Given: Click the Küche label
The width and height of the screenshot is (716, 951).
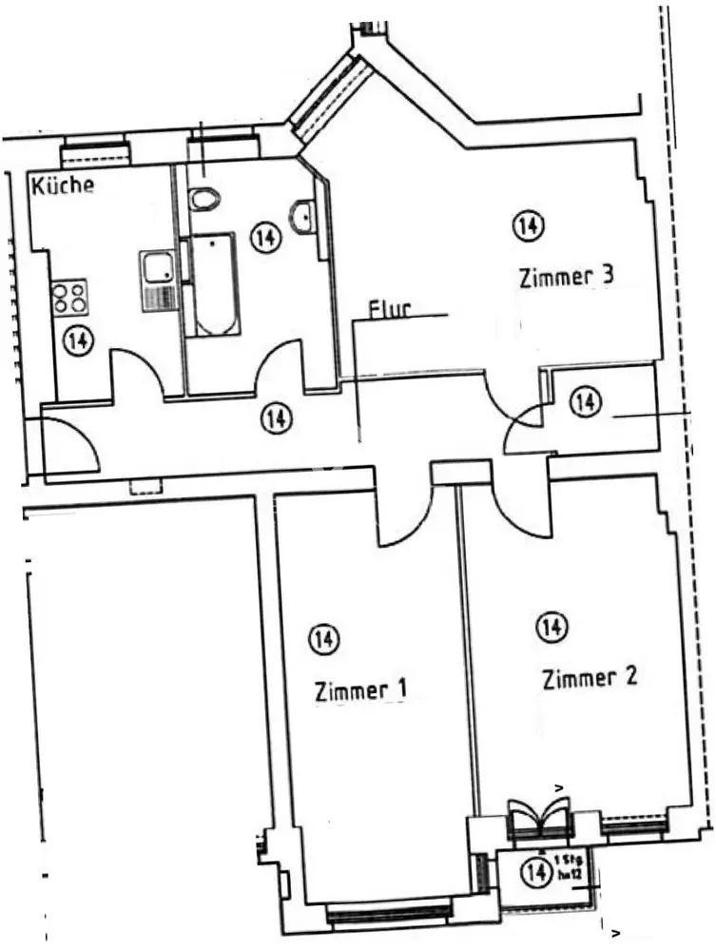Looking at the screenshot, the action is pyautogui.click(x=64, y=184).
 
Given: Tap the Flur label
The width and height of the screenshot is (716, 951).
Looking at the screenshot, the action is pyautogui.click(x=390, y=310).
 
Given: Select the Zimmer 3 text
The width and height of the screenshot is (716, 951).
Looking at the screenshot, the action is pyautogui.click(x=566, y=277).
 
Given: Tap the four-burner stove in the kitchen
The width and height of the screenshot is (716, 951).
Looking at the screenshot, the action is pyautogui.click(x=70, y=297).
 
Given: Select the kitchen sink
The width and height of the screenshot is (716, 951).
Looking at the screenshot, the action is pyautogui.click(x=157, y=281).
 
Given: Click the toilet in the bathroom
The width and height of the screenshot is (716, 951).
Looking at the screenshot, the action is pyautogui.click(x=203, y=200).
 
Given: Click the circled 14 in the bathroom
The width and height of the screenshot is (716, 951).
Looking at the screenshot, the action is pyautogui.click(x=266, y=238).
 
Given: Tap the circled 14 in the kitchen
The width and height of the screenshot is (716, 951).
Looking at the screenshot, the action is pyautogui.click(x=78, y=340).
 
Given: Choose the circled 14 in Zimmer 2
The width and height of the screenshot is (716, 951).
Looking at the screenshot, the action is pyautogui.click(x=551, y=628).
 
